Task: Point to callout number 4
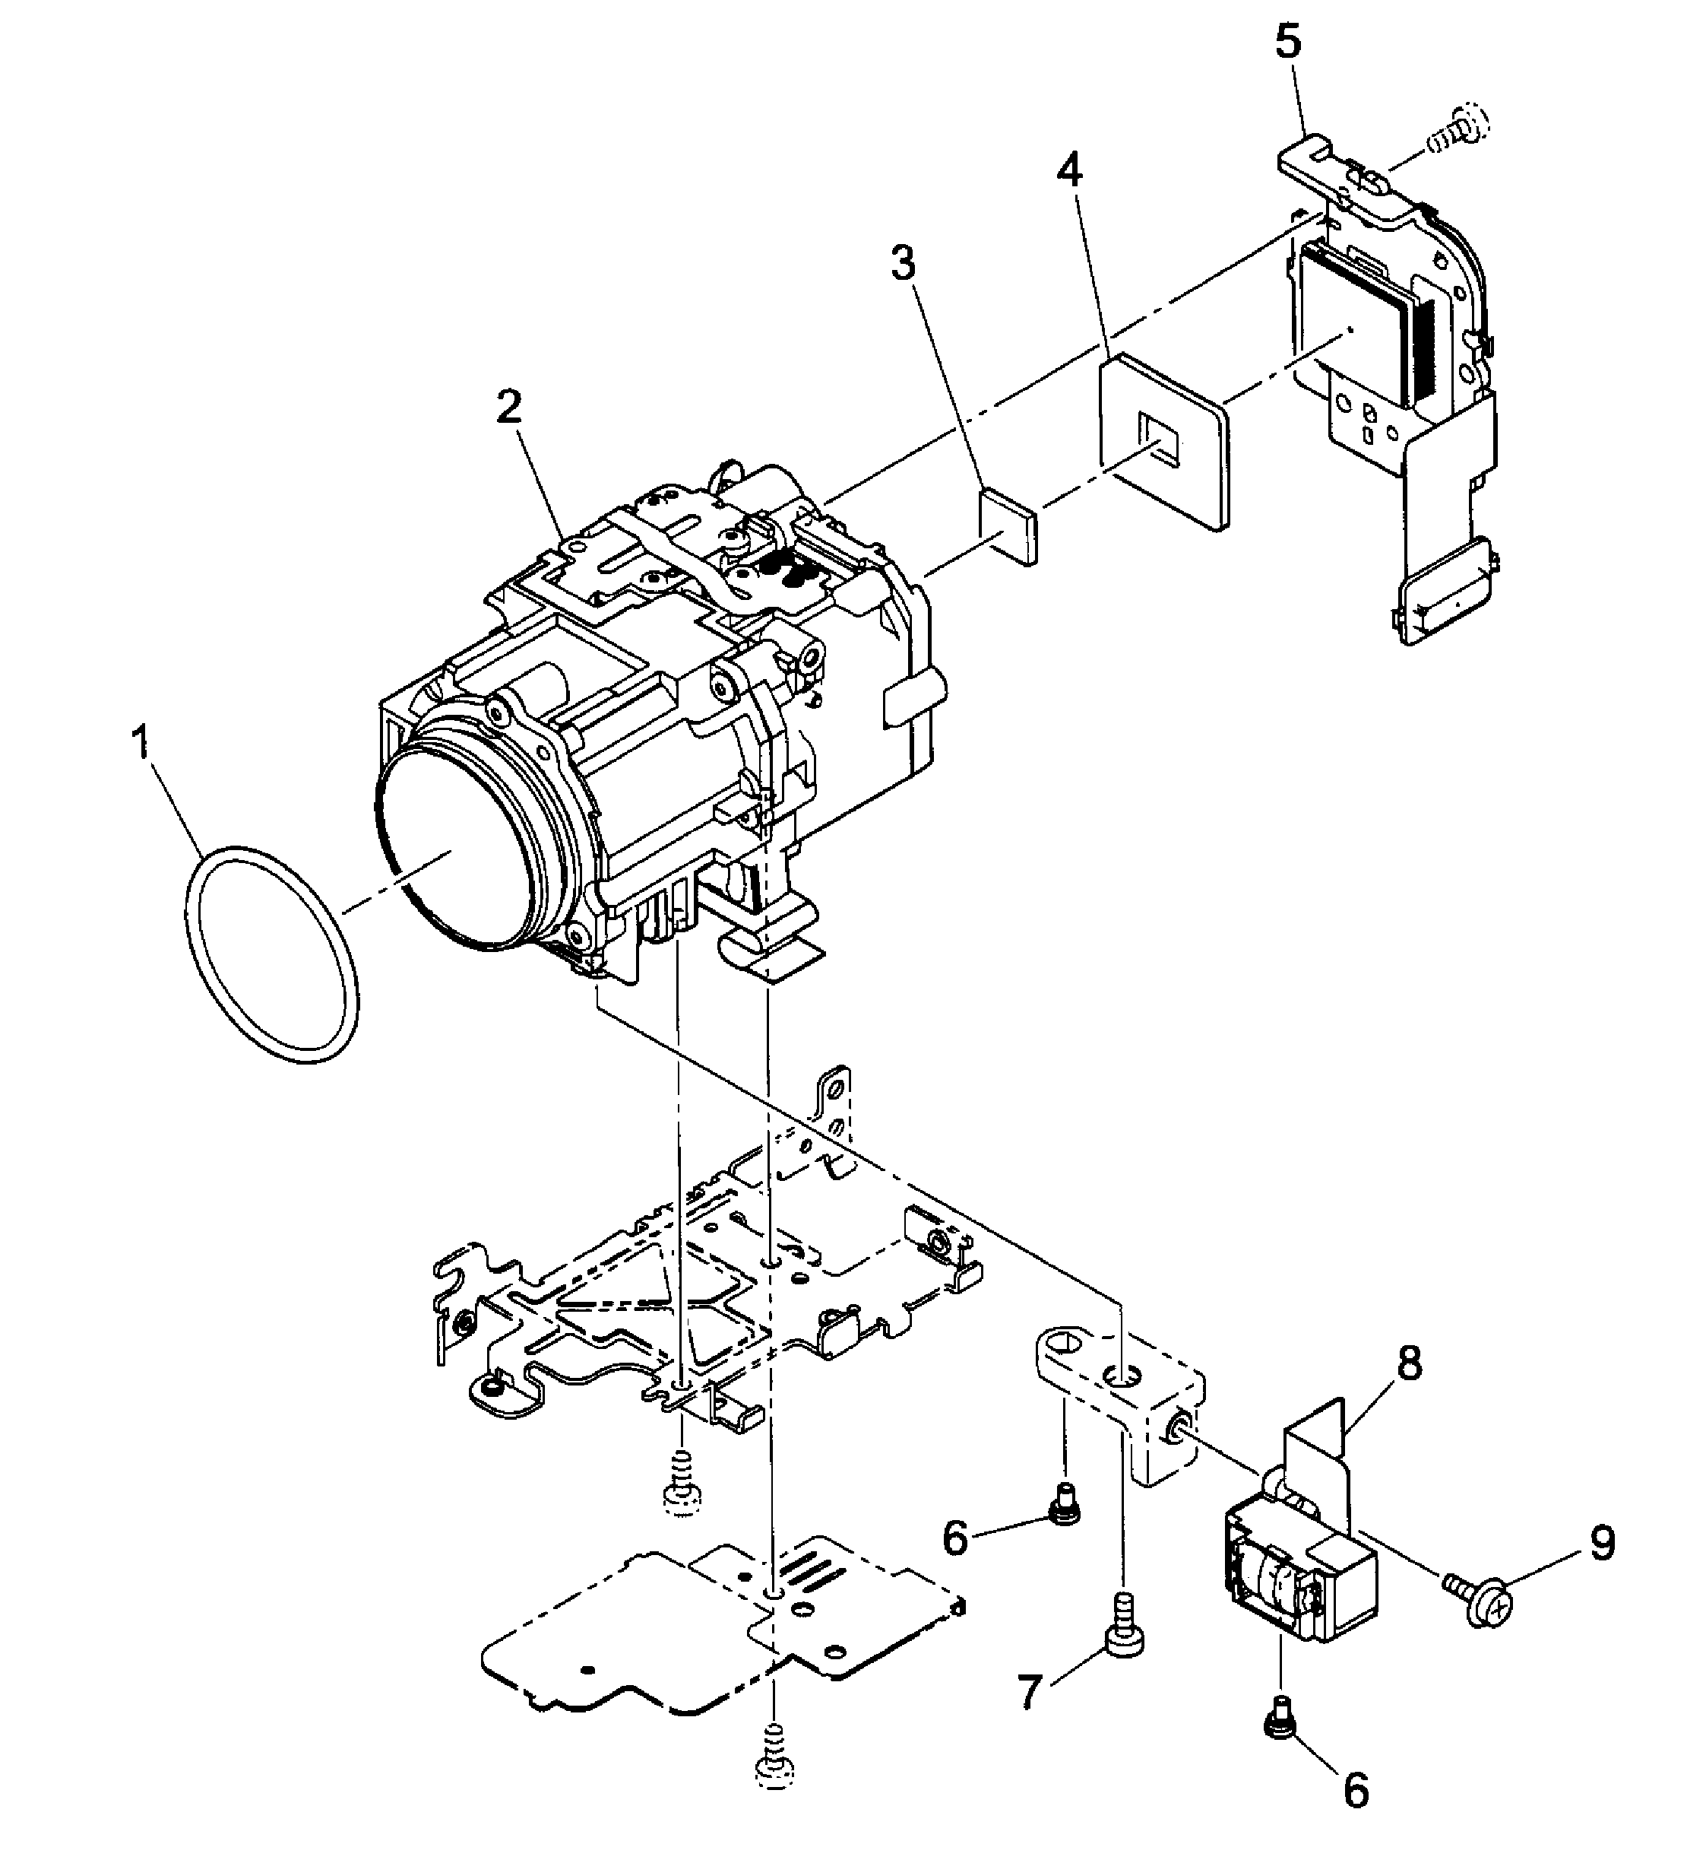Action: pyautogui.click(x=1071, y=171)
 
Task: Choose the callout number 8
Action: pyautogui.click(x=1409, y=1363)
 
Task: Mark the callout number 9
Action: pyautogui.click(x=1601, y=1542)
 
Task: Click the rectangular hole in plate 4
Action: pyautogui.click(x=1159, y=439)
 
